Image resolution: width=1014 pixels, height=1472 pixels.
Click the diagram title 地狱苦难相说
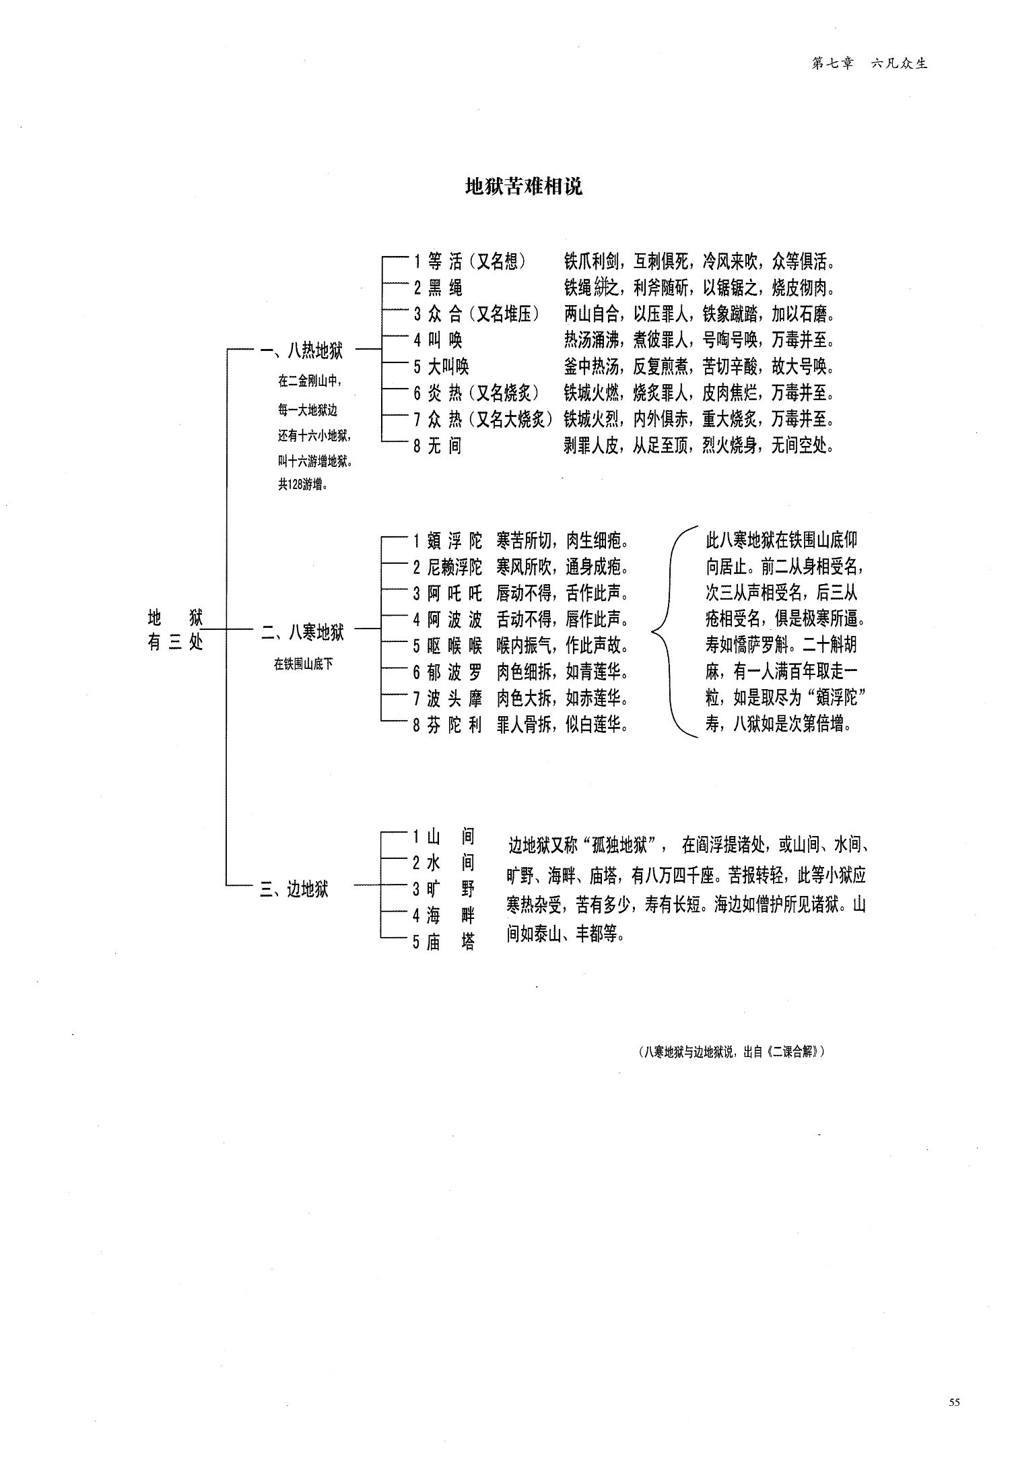pos(524,187)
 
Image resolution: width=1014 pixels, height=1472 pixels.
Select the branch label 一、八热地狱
pos(302,350)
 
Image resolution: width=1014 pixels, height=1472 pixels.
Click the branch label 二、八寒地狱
pos(302,632)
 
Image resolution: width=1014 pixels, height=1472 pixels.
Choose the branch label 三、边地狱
pos(294,889)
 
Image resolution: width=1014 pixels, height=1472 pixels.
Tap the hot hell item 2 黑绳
pos(438,288)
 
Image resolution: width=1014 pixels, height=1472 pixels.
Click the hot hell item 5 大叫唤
pos(441,366)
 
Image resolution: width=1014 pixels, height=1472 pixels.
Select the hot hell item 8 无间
pos(438,445)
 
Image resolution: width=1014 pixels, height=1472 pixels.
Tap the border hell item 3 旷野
pos(444,889)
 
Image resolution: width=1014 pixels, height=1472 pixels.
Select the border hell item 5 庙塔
pos(444,942)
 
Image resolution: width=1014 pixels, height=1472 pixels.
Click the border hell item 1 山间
pos(444,837)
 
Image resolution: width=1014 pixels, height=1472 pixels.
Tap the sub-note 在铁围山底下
pos(303,664)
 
